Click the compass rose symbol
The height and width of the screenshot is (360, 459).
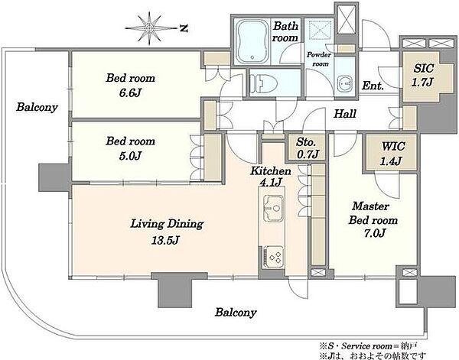(x=150, y=28)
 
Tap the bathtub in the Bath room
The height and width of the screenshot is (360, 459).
(x=252, y=41)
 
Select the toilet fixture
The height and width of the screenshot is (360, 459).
(x=264, y=83)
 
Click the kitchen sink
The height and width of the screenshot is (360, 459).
(x=274, y=209)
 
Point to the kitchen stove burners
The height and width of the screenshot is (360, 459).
(x=274, y=257)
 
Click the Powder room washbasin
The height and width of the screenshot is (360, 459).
(x=344, y=83)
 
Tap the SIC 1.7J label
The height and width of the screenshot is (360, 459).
(x=423, y=76)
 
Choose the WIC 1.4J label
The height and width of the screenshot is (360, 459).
(x=392, y=153)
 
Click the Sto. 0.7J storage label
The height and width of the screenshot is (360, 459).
(x=307, y=148)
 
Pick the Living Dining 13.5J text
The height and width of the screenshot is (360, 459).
(x=167, y=232)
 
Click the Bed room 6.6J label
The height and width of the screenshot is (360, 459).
(x=130, y=86)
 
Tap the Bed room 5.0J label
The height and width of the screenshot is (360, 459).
(x=130, y=148)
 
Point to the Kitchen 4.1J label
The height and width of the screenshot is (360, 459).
(x=271, y=177)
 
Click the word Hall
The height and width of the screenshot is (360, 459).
(x=345, y=113)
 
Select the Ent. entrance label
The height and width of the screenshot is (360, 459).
(x=373, y=86)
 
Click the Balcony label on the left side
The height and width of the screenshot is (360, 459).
(x=37, y=107)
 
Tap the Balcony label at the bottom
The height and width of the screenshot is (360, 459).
(x=236, y=313)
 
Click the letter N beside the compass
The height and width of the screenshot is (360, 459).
(x=184, y=28)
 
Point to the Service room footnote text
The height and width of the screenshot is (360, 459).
(x=369, y=346)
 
